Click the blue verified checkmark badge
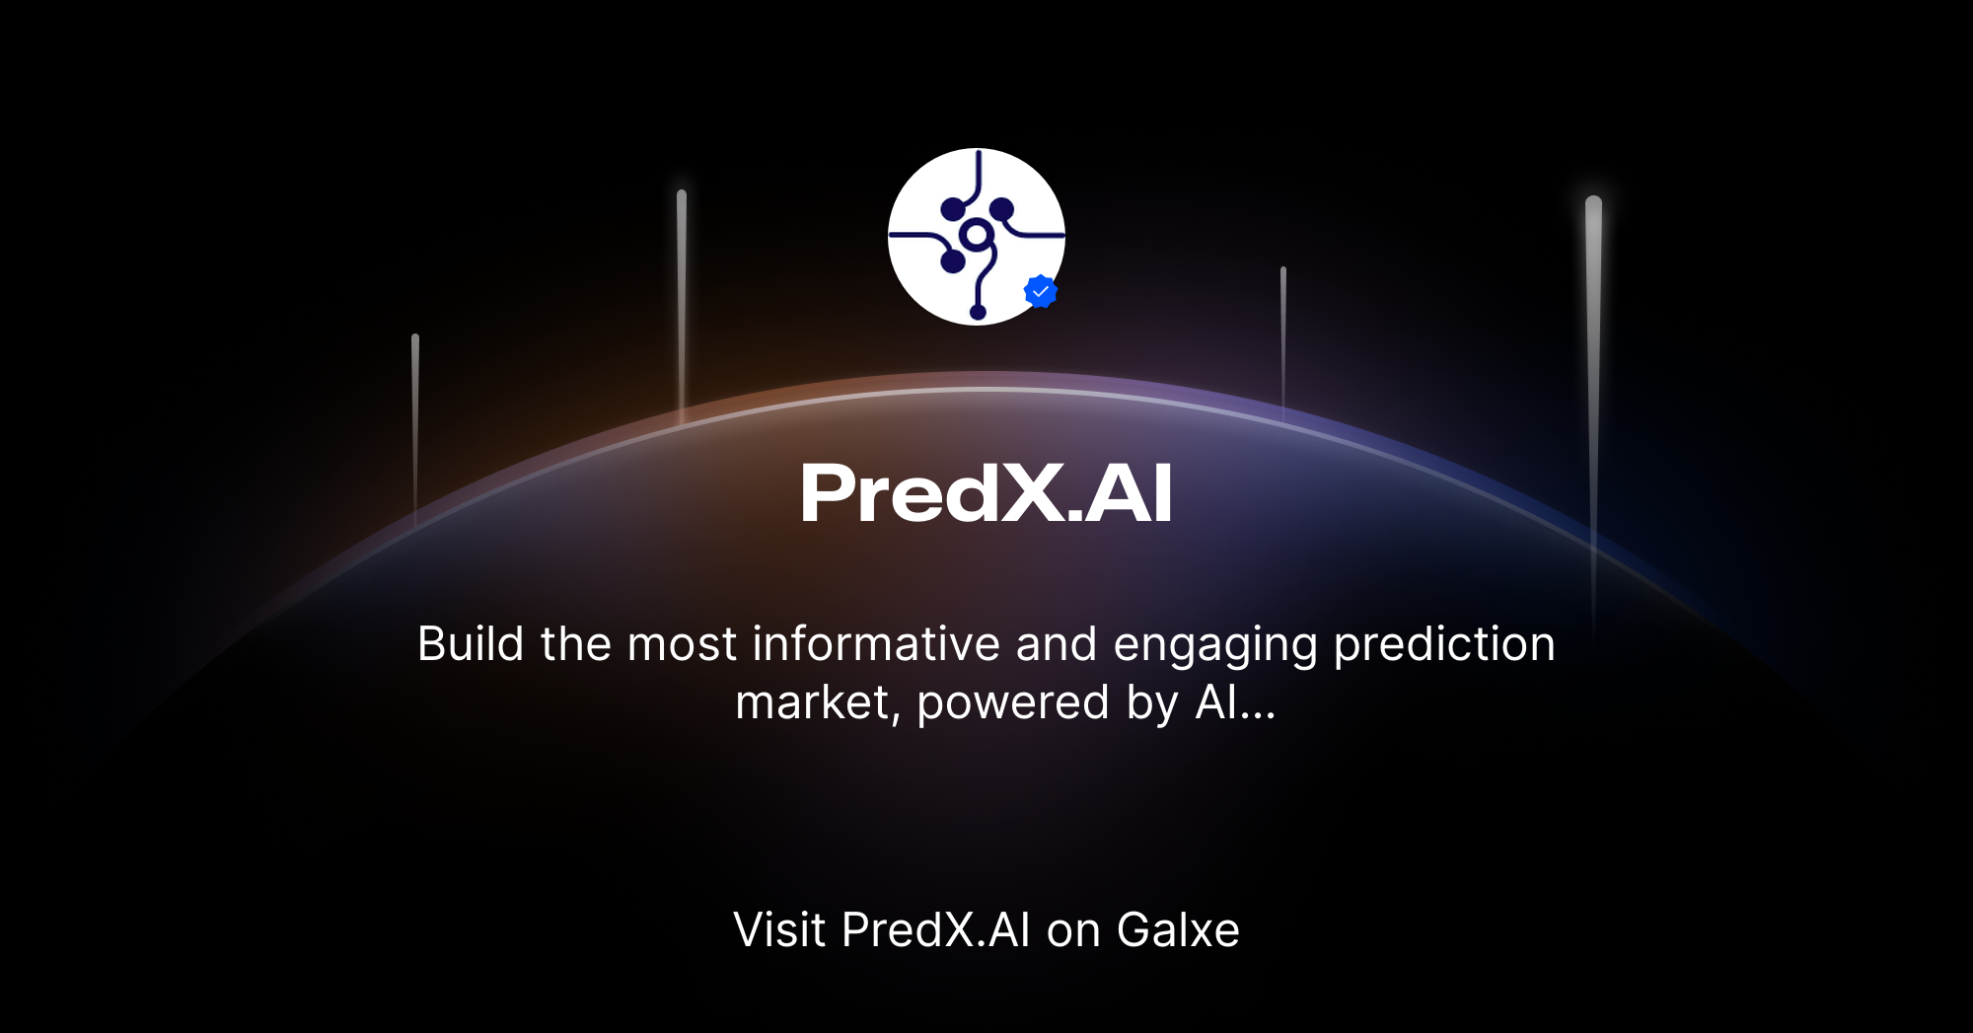click(x=1041, y=291)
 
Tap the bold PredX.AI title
click(x=986, y=493)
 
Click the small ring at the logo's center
click(x=976, y=235)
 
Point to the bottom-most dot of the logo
click(x=978, y=313)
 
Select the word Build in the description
click(x=471, y=644)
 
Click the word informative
click(x=876, y=644)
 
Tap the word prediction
click(x=1444, y=644)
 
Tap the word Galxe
click(x=1178, y=929)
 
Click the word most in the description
click(x=682, y=644)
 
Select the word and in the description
click(x=1057, y=644)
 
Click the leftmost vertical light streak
click(x=415, y=424)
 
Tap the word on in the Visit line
click(x=1073, y=929)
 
